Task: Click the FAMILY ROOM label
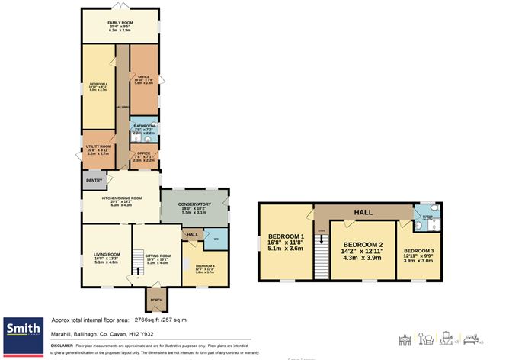point(120,23)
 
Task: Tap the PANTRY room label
point(94,181)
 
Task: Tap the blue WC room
point(216,239)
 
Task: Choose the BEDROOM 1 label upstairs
point(286,236)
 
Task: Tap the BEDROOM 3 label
point(418,251)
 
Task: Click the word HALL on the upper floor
point(363,212)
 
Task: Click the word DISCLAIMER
point(62,346)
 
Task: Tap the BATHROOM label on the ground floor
point(144,126)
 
